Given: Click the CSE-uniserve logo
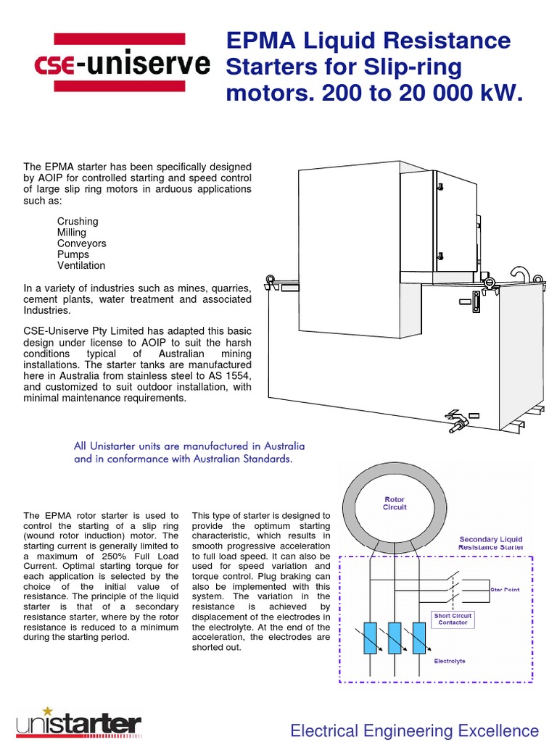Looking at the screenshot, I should pyautogui.click(x=122, y=65).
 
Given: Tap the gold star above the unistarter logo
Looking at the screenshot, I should pyautogui.click(x=49, y=711).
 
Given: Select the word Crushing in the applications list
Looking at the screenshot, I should pyautogui.click(x=78, y=222).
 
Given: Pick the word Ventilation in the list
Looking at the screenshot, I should pyautogui.click(x=81, y=265).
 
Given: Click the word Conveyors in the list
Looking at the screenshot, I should pyautogui.click(x=81, y=243).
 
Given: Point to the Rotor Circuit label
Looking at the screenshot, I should pyautogui.click(x=395, y=503).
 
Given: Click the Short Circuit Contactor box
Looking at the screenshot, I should pyautogui.click(x=452, y=620).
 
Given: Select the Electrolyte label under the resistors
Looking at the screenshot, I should pyautogui.click(x=450, y=662).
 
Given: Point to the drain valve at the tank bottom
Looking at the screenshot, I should pyautogui.click(x=456, y=420).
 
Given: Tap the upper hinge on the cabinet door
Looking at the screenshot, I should pyautogui.click(x=440, y=187).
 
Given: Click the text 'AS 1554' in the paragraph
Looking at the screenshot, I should pyautogui.click(x=229, y=376).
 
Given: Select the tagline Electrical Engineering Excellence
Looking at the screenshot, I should pyautogui.click(x=414, y=730).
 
